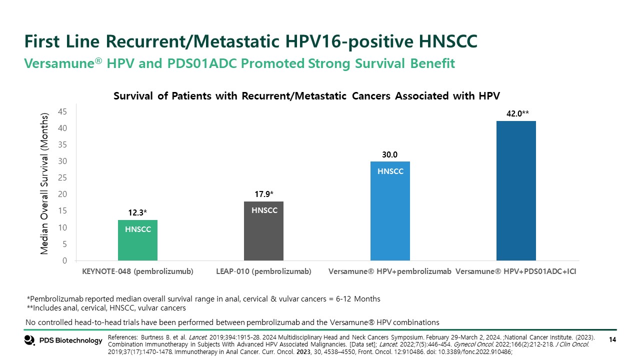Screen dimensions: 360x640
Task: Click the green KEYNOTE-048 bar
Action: (x=137, y=240)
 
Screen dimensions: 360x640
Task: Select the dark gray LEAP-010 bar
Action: (x=263, y=231)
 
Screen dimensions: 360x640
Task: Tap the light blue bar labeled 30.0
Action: (x=390, y=210)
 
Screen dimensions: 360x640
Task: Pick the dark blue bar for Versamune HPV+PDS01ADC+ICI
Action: (x=516, y=190)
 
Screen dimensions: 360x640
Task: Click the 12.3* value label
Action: (x=137, y=212)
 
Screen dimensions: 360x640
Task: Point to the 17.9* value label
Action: (x=263, y=194)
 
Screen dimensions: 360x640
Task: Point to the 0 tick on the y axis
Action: (x=65, y=260)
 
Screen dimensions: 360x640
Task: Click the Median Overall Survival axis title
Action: (x=45, y=184)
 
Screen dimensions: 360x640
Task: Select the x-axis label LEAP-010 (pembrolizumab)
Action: (x=263, y=271)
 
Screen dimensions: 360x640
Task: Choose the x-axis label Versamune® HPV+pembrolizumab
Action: (x=390, y=271)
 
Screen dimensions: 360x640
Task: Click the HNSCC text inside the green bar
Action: (x=137, y=229)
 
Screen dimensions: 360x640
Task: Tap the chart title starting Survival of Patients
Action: (x=307, y=95)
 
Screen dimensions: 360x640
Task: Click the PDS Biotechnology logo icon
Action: (x=29, y=340)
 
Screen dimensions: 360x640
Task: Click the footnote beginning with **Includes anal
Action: (x=106, y=308)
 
